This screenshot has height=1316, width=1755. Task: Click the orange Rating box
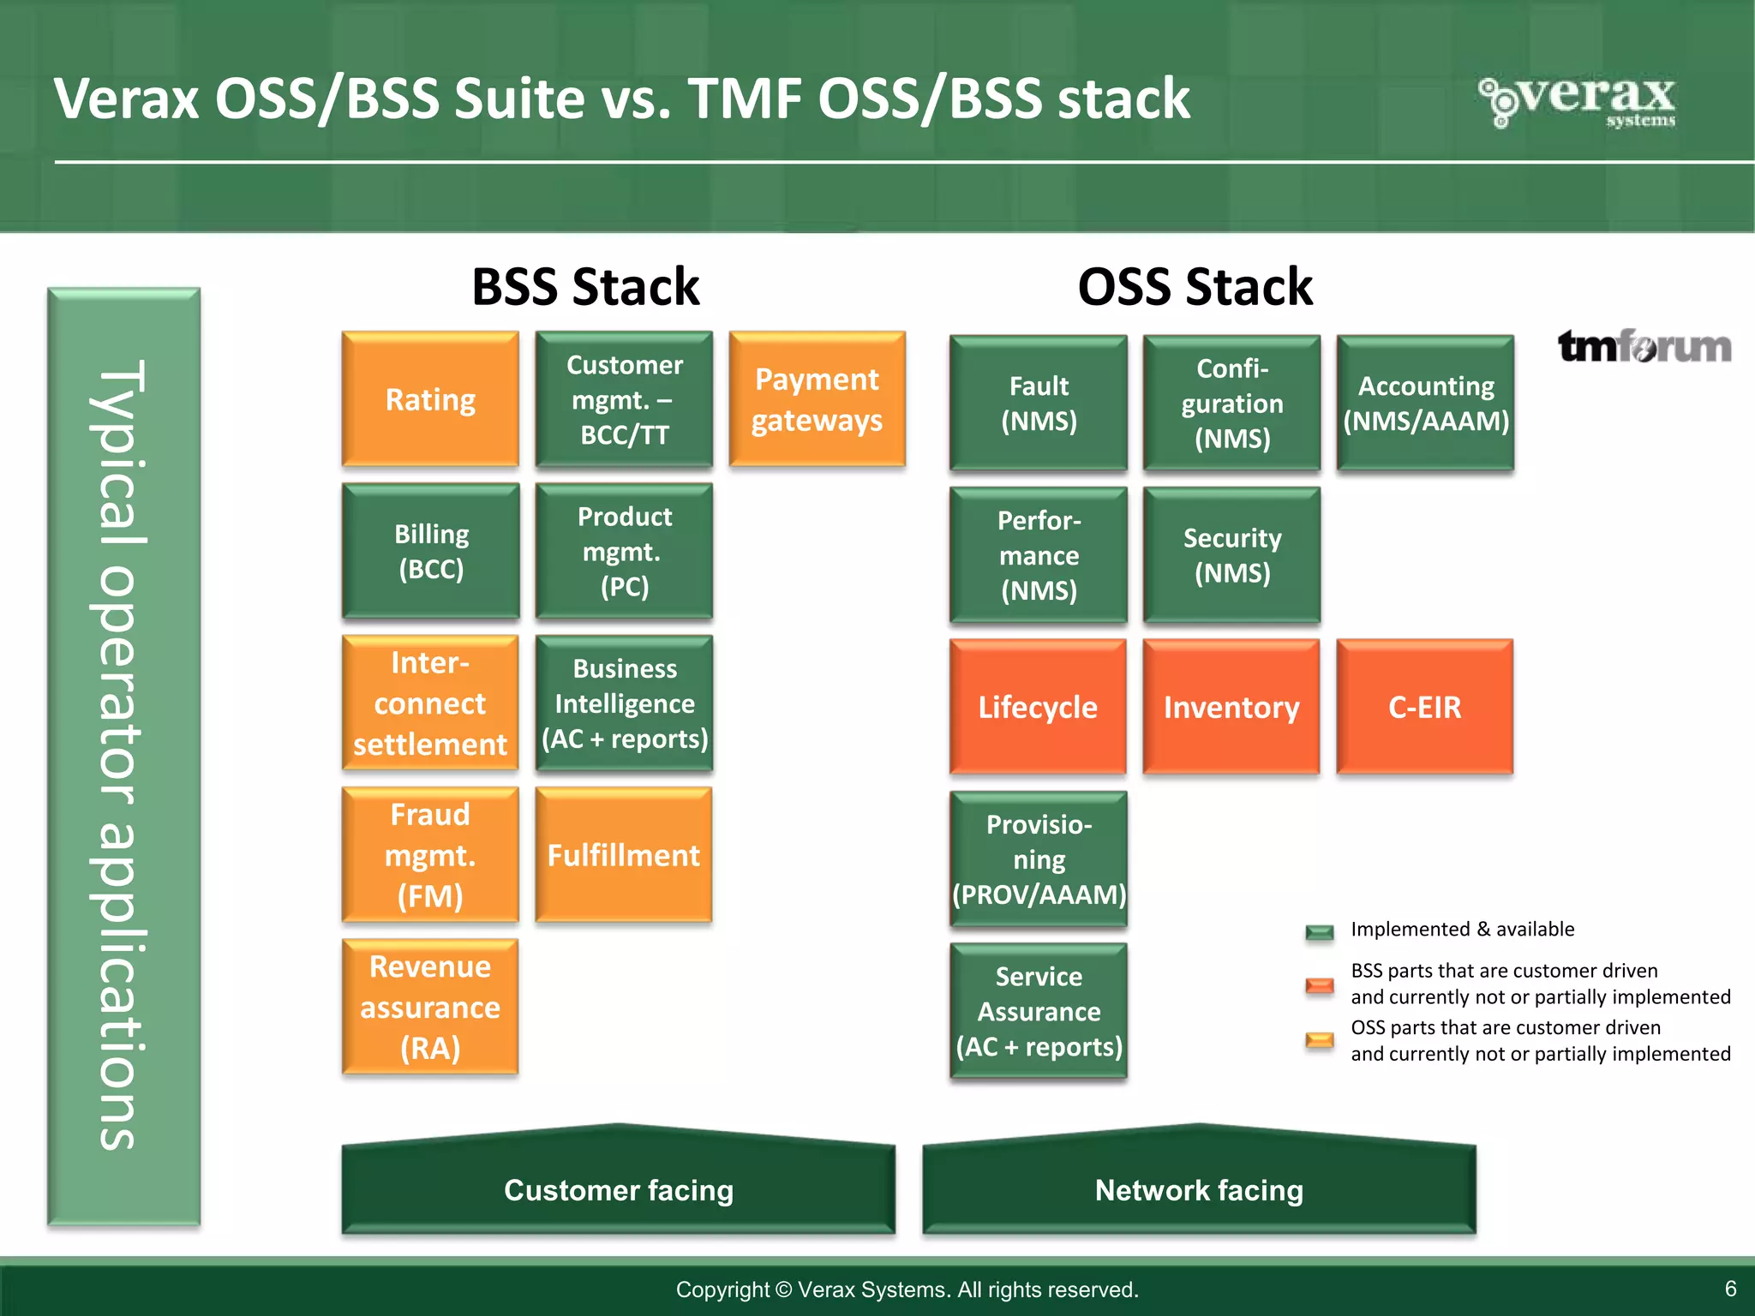(430, 399)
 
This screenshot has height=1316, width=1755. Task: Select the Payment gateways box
(817, 399)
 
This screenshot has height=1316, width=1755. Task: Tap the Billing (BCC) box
(430, 551)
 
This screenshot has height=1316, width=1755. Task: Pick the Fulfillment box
(623, 855)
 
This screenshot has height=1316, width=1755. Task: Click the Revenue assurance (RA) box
(430, 1007)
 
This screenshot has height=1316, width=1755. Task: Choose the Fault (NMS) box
(1039, 403)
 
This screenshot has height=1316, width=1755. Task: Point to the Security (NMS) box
(1231, 554)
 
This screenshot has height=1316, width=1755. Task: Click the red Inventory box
(1231, 707)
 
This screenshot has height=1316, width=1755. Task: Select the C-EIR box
(1424, 707)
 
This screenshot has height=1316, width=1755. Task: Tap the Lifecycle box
(1038, 707)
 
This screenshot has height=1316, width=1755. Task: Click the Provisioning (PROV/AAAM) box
(1039, 858)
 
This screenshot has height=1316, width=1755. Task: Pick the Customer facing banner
(618, 1189)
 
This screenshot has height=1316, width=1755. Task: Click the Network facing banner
(1199, 1189)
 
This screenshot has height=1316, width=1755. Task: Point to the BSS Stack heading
(585, 286)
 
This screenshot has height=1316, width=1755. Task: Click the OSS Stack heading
(1195, 286)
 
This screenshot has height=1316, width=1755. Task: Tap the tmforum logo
(1644, 347)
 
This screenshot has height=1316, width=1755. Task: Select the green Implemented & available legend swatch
(1320, 932)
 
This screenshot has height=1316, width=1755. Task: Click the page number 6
(1730, 1289)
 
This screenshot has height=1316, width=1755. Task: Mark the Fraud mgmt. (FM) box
(430, 855)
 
